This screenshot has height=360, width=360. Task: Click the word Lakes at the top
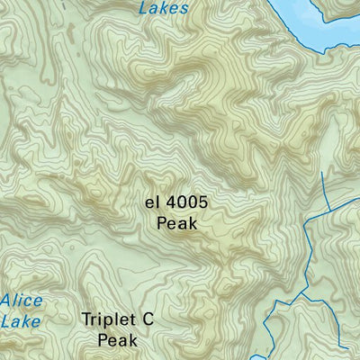coord(165,8)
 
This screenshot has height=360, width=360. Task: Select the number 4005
coord(187,203)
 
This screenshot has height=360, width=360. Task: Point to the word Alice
coord(21,300)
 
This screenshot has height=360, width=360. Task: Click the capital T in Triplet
coord(86,319)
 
